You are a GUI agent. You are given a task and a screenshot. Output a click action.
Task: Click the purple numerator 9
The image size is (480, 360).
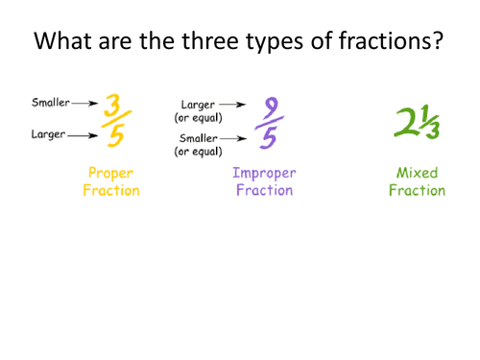[269, 107]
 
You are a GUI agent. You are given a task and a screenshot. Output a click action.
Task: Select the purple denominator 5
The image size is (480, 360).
[269, 139]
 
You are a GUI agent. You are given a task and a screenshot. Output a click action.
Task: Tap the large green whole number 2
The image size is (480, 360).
[409, 120]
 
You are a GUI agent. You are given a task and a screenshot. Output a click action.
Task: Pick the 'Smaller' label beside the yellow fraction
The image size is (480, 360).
[50, 102]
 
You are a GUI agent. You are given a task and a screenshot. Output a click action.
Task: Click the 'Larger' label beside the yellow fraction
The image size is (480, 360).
[48, 135]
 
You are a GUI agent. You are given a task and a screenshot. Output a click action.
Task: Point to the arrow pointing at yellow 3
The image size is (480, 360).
[86, 102]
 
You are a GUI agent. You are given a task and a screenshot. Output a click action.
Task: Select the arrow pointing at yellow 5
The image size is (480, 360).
[84, 135]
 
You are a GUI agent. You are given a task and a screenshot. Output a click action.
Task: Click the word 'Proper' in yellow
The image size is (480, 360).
[110, 174]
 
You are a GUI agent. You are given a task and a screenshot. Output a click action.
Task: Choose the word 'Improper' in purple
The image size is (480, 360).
[265, 174]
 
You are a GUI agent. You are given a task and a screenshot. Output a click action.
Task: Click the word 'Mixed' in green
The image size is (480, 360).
[418, 174]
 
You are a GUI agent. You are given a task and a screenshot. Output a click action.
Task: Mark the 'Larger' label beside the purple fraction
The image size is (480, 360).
[197, 104]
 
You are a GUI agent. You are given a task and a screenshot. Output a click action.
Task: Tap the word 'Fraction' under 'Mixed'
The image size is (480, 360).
[418, 190]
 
